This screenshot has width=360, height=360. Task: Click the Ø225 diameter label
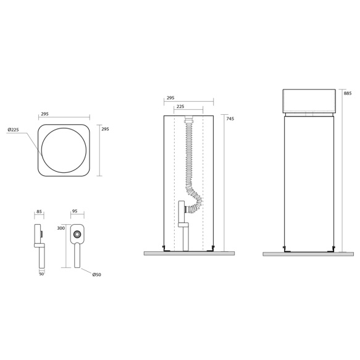(x=13, y=130)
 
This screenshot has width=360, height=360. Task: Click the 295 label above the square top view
(x=45, y=114)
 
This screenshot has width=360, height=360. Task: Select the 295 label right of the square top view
(x=105, y=129)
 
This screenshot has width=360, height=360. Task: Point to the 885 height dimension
(x=348, y=93)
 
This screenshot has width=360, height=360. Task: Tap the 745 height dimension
(x=230, y=119)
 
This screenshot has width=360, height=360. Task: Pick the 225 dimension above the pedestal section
(x=180, y=107)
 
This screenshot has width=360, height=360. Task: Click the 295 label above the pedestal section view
(x=170, y=98)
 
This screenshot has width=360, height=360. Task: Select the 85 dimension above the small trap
(x=40, y=212)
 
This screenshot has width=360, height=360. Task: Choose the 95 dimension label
(x=75, y=211)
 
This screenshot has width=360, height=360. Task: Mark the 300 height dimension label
(x=61, y=228)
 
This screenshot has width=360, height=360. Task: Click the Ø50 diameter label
(x=96, y=275)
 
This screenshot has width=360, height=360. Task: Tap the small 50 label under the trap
(x=42, y=274)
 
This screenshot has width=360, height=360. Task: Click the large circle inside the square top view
(x=64, y=150)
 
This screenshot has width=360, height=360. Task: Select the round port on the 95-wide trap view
(x=77, y=234)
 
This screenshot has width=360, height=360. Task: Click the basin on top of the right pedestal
(x=309, y=101)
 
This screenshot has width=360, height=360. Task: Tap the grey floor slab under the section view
(x=189, y=253)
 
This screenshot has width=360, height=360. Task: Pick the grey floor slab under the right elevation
(x=308, y=254)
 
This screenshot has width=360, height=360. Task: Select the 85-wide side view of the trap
(x=40, y=245)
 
